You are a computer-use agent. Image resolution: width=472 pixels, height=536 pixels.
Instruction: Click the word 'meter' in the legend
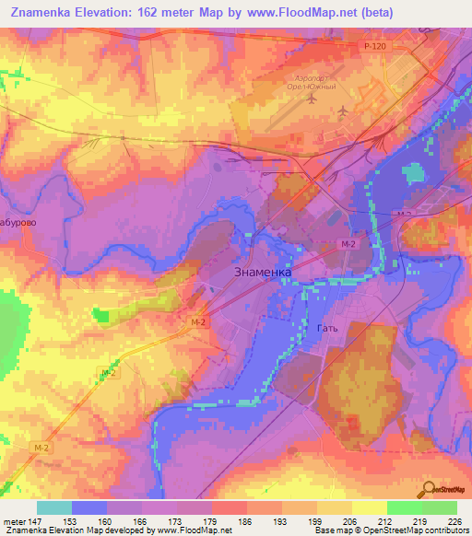(x=14, y=521)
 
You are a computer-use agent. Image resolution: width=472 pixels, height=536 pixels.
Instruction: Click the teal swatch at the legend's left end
(x=54, y=507)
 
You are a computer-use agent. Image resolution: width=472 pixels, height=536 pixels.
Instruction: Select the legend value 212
(x=386, y=521)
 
